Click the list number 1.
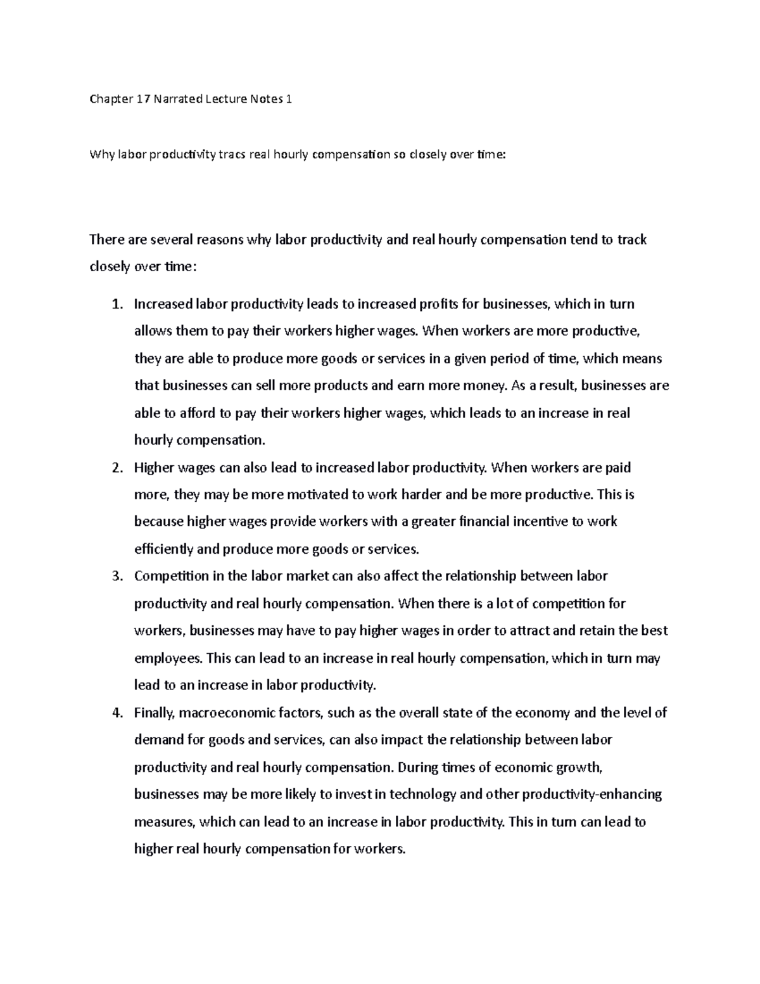[115, 304]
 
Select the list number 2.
[115, 468]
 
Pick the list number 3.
[115, 577]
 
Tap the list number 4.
[115, 713]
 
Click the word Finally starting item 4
[154, 713]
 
